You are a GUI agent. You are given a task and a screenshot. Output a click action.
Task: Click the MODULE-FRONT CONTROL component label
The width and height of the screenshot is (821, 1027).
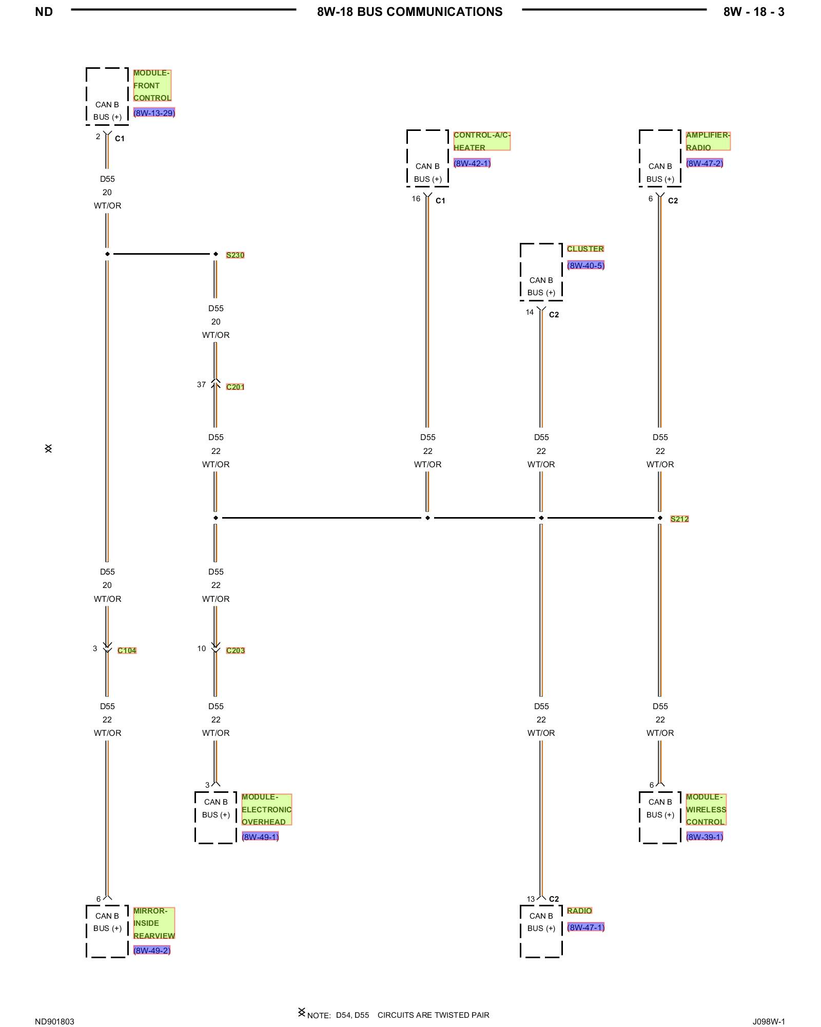coord(152,86)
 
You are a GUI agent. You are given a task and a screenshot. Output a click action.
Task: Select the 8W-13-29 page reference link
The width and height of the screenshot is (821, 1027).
coord(154,113)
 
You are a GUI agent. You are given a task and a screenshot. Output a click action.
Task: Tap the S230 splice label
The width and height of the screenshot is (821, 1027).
coord(235,255)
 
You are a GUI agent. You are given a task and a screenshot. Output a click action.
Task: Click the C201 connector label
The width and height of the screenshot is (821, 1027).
coord(235,387)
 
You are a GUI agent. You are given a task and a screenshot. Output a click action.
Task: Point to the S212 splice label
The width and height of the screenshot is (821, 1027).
coord(679,519)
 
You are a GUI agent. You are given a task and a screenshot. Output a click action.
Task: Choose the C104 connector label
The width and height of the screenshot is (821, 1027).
coord(127,651)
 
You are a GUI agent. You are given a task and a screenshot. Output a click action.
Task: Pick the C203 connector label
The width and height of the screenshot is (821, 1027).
coord(235,651)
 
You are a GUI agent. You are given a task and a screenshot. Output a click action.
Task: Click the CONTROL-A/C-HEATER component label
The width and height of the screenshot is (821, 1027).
coord(481,141)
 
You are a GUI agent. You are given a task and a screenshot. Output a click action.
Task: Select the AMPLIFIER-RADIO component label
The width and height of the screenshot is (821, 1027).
coord(708,141)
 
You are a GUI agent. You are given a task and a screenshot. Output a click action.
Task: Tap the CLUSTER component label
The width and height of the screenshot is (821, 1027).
coord(585,249)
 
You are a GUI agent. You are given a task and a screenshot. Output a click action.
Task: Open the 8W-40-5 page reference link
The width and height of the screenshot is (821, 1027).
coord(585,265)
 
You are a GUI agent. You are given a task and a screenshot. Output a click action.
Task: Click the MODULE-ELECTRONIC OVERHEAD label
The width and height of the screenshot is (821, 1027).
coord(266,810)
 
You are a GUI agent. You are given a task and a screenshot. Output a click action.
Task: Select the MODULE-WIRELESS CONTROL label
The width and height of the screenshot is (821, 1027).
coord(706,810)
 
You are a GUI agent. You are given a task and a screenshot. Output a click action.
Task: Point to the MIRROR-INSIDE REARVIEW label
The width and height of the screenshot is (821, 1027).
coord(154,923)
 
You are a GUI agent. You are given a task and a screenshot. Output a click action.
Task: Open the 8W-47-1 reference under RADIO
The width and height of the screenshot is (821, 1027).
coord(585,927)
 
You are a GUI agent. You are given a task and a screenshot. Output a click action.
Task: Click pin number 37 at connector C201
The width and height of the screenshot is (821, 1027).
coord(201,385)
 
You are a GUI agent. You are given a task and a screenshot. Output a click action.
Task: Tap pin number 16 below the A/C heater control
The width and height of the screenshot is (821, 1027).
coord(416,199)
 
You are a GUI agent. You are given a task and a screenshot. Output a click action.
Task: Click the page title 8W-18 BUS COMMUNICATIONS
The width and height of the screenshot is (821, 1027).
coord(409,12)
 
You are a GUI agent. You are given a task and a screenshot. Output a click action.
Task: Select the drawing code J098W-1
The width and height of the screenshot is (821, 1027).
coord(769,1022)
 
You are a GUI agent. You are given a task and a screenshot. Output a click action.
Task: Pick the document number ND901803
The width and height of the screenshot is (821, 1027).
coord(54,1022)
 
